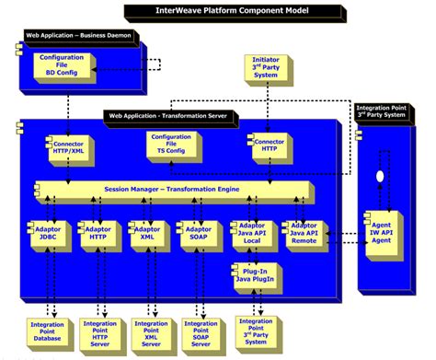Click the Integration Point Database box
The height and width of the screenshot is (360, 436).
point(47,334)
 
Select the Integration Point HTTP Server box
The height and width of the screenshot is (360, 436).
point(98,334)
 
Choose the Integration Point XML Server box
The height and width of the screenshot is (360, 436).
point(149,334)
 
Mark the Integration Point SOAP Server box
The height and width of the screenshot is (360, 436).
point(199,334)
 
